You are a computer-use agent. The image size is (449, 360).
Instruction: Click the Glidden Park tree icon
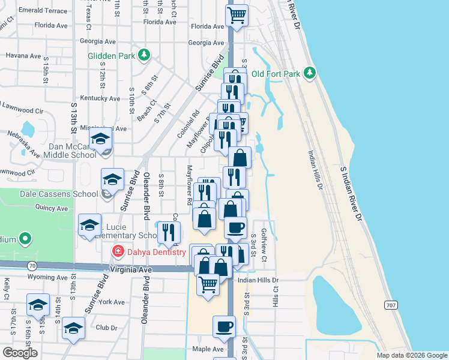(x=143, y=56)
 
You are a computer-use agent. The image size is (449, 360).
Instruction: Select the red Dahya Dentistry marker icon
(x=118, y=252)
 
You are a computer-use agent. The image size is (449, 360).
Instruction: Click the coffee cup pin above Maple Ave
(x=224, y=326)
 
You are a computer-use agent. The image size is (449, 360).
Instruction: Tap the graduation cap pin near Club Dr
(x=73, y=328)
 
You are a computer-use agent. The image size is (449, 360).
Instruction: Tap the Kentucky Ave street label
(x=100, y=98)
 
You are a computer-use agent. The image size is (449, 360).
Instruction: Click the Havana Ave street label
(x=23, y=55)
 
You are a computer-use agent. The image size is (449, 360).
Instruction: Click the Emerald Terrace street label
(x=43, y=11)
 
